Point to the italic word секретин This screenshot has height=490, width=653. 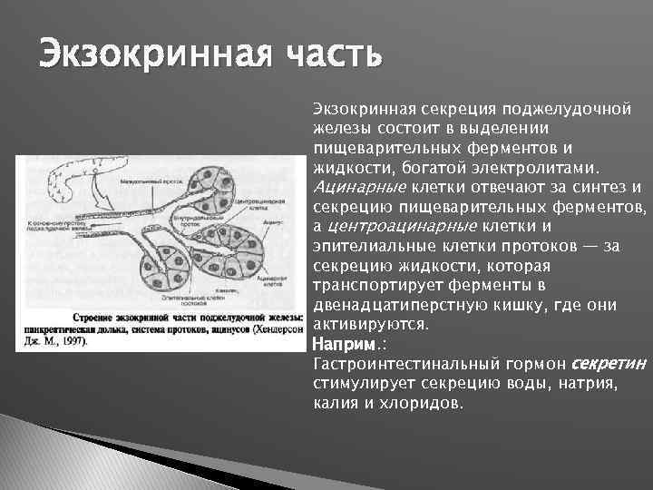(x=609, y=363)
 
